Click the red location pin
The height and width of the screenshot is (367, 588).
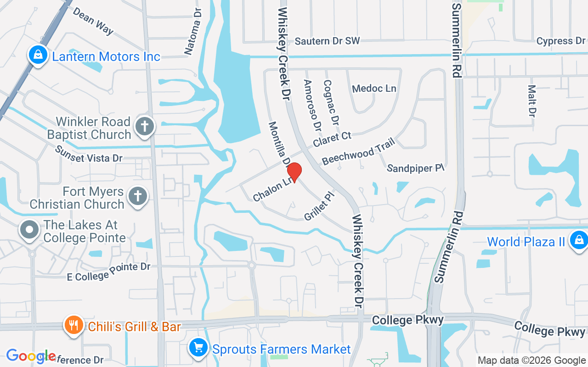pos(294,172)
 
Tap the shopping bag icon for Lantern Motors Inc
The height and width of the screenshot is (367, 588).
pos(38,55)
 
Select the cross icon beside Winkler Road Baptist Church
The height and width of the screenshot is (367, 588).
pos(145,127)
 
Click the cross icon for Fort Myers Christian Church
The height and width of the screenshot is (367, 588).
pos(137,196)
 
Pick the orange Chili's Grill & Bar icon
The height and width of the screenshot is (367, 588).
pos(73,325)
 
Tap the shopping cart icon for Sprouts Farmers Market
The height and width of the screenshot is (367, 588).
pos(198,348)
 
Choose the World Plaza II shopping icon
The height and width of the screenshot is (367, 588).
pos(578,240)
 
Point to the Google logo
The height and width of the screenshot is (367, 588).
pos(31,356)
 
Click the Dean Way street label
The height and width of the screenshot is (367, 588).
pos(93,21)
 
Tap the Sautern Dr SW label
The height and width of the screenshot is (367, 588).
pos(327,41)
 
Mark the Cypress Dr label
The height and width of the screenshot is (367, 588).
pos(560,41)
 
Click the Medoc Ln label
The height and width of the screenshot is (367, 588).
pos(374,88)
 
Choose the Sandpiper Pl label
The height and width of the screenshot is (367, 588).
pos(416,168)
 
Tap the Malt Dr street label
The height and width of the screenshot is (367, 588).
pos(532,100)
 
